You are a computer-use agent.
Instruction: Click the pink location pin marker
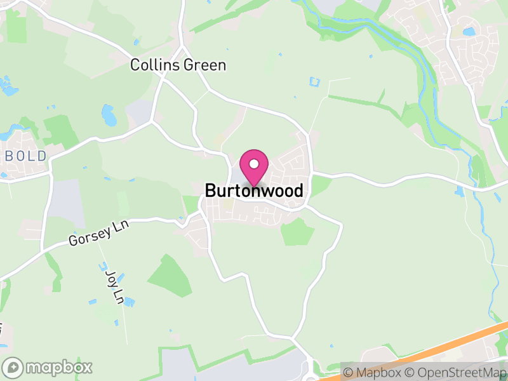click(254, 166)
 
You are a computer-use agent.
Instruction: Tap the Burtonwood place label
click(254, 190)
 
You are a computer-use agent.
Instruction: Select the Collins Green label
click(178, 65)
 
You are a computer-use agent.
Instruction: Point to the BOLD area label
click(25, 156)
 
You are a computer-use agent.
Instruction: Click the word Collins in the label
click(154, 65)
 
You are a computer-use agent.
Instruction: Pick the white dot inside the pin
click(254, 163)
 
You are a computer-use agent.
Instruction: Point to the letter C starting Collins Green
click(135, 65)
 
